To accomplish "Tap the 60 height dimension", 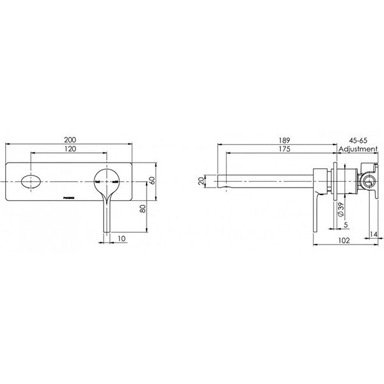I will click(x=151, y=181).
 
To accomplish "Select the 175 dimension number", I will click(x=276, y=148).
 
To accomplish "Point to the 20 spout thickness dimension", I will click(x=202, y=180).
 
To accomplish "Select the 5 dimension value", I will click(x=346, y=225).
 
